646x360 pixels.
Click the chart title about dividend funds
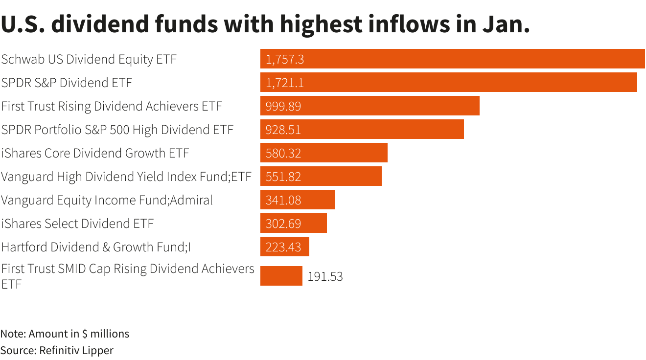tap(265, 24)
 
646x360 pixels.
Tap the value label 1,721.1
tap(284, 83)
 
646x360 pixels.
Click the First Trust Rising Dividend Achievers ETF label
tap(112, 106)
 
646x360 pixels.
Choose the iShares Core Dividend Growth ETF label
tap(95, 153)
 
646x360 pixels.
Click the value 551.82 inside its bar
tap(283, 177)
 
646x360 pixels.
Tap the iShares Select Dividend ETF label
tap(77, 224)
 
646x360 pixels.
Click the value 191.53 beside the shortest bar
tap(325, 276)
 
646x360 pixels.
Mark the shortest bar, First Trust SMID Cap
tap(281, 276)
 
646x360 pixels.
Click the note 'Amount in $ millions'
tap(65, 334)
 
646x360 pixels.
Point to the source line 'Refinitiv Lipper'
tap(57, 350)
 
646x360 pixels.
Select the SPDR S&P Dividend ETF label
tap(67, 83)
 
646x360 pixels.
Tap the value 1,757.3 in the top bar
tap(284, 59)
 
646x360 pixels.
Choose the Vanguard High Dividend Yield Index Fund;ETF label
tap(126, 177)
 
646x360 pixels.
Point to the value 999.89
tap(283, 106)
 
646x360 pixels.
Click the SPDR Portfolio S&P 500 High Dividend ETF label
tap(117, 130)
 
